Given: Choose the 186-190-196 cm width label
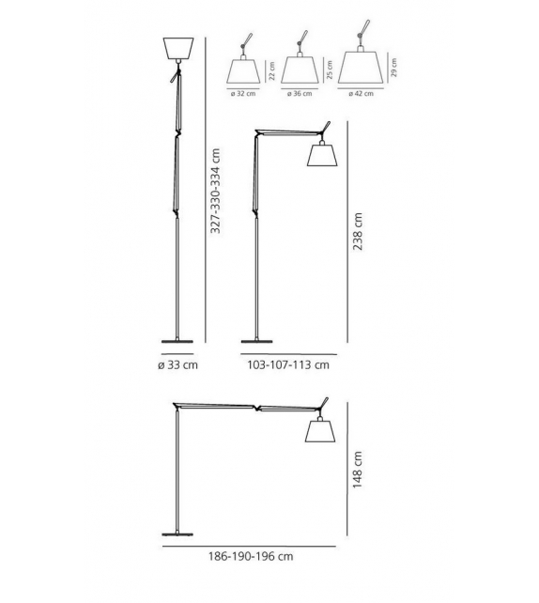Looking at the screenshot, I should click(x=251, y=556).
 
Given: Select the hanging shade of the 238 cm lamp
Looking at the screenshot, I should click(x=323, y=156).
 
